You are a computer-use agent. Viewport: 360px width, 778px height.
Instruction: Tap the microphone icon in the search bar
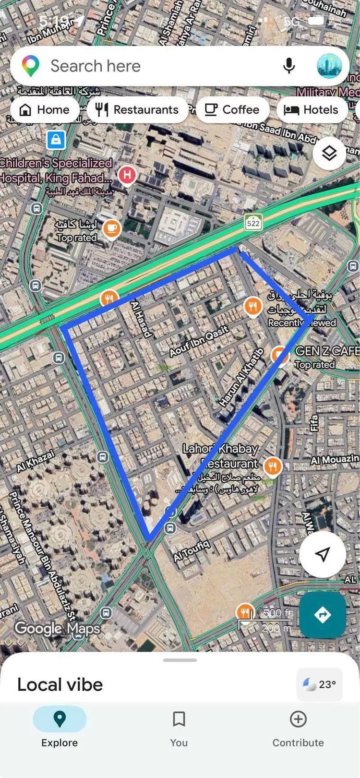pyautogui.click(x=289, y=66)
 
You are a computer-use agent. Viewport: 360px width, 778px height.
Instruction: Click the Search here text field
pyautogui.click(x=144, y=66)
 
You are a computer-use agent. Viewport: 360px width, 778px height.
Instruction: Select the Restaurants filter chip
pyautogui.click(x=137, y=110)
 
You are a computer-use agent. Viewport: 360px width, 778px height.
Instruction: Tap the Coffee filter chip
pyautogui.click(x=232, y=110)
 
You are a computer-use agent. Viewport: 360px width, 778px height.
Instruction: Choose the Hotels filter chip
pyautogui.click(x=312, y=110)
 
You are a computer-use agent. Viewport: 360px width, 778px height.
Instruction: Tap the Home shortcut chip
pyautogui.click(x=44, y=110)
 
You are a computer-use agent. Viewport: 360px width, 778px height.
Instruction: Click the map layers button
pyautogui.click(x=329, y=154)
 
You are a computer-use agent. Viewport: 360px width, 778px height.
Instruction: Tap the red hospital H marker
pyautogui.click(x=127, y=175)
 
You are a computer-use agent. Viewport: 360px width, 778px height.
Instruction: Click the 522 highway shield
pyautogui.click(x=253, y=223)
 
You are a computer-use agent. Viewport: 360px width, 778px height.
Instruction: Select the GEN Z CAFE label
pyautogui.click(x=327, y=351)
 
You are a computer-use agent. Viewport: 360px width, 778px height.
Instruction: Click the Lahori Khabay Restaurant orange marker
pyautogui.click(x=272, y=465)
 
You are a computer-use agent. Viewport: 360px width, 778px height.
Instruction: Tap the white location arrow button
pyautogui.click(x=323, y=554)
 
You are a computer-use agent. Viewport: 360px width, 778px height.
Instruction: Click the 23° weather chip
pyautogui.click(x=320, y=684)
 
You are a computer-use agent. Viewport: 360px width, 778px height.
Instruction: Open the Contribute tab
pyautogui.click(x=298, y=729)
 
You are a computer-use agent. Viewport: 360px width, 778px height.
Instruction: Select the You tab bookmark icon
pyautogui.click(x=179, y=719)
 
